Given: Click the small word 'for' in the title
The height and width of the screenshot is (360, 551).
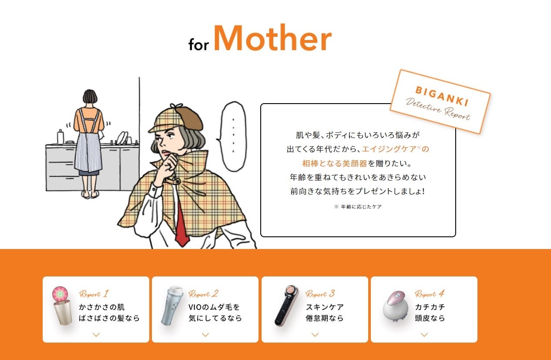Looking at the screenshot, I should tap(198, 44).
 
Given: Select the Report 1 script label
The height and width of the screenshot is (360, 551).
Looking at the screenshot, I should tap(94, 294).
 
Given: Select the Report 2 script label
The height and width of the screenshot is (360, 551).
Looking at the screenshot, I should tap(203, 294).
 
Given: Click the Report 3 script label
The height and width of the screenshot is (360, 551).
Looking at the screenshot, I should tap(320, 294).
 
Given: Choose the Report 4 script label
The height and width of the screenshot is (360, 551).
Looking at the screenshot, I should tap(430, 294).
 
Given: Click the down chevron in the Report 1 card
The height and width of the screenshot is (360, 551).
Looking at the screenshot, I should tap(96, 334).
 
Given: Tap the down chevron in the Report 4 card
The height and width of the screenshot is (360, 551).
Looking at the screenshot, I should tap(424, 334).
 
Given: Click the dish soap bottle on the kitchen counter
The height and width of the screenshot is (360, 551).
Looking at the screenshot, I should tap(60, 136).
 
